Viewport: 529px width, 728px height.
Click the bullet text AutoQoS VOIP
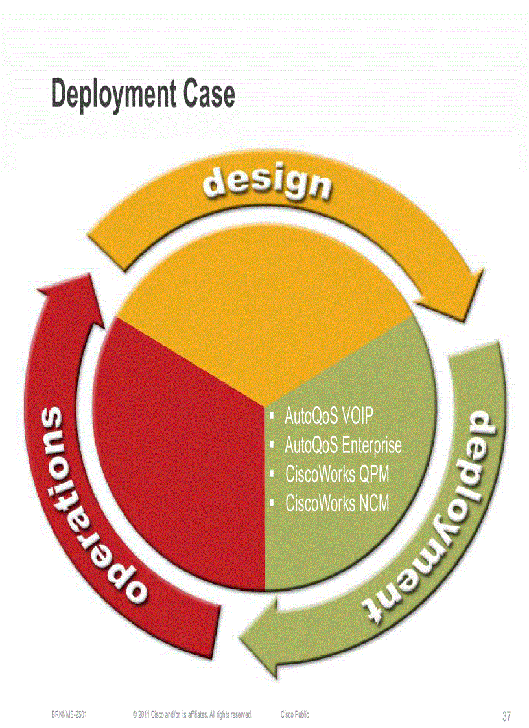click(x=329, y=416)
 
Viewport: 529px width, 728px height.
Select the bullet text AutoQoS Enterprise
click(x=343, y=445)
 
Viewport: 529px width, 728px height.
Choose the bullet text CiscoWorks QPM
click(x=337, y=474)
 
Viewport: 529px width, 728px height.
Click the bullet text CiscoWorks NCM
click(x=337, y=503)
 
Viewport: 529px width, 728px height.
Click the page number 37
click(x=507, y=716)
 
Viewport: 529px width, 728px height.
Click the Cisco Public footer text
click(x=295, y=714)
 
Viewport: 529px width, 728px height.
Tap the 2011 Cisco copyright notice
click(x=192, y=714)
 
